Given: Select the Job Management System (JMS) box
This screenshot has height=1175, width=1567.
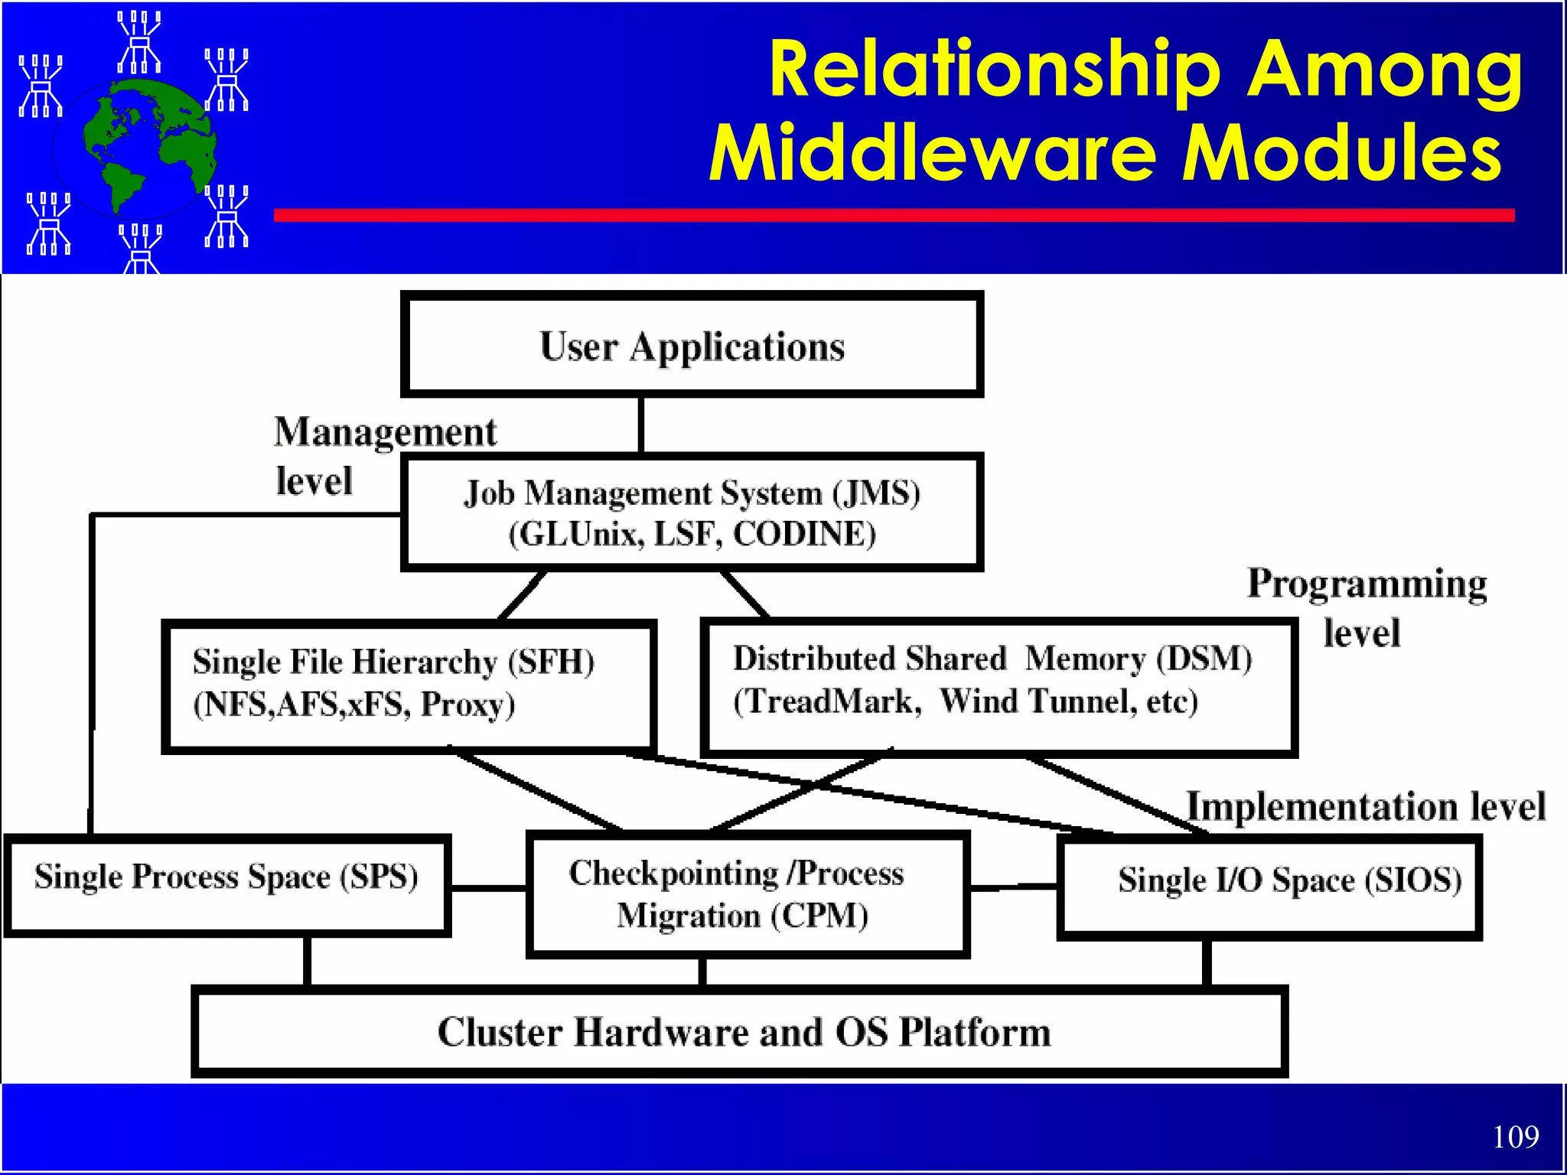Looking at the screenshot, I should click(x=692, y=513).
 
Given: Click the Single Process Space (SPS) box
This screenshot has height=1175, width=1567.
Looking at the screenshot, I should click(x=226, y=884).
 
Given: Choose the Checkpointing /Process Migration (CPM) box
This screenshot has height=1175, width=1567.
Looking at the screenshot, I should click(x=747, y=893).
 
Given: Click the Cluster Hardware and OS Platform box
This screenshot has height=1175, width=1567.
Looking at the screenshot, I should click(x=739, y=1031).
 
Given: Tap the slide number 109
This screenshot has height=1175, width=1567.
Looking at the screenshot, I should click(x=1515, y=1137).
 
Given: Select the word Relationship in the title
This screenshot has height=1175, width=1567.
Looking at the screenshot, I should click(x=995, y=70).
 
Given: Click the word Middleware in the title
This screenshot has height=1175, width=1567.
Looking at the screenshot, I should click(x=933, y=153).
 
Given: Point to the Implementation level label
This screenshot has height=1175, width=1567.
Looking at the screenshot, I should click(x=1365, y=806).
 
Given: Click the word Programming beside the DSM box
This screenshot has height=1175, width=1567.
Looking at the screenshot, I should click(x=1367, y=584).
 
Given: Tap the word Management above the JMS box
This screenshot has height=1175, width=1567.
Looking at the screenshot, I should click(x=386, y=432).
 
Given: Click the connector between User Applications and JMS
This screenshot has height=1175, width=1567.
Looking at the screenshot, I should click(x=640, y=425).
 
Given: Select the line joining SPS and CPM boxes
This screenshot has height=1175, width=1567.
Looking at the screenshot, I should click(x=488, y=888).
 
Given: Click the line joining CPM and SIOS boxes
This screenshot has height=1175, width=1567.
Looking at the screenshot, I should click(x=1013, y=887).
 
